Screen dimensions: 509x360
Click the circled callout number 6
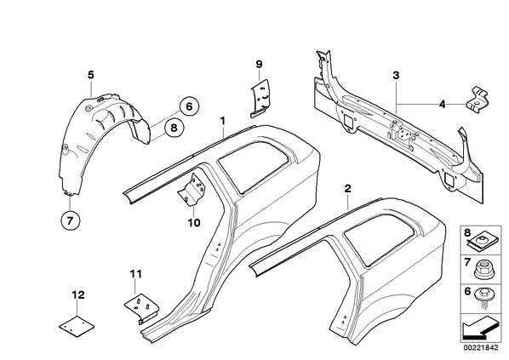click(189, 106)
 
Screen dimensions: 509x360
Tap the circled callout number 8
click(174, 128)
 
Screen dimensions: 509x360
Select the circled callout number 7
click(70, 220)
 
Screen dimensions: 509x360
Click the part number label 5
click(91, 75)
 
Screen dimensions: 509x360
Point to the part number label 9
click(259, 64)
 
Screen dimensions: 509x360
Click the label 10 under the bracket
click(193, 223)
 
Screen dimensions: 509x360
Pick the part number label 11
click(136, 274)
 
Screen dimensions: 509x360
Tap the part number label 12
click(78, 295)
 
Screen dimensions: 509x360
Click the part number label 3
click(396, 75)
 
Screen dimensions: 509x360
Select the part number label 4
click(442, 105)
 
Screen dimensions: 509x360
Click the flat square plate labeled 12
click(77, 326)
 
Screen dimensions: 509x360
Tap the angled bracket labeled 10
click(192, 189)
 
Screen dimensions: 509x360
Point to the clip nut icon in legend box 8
click(482, 242)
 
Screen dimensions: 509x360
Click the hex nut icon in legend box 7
click(482, 271)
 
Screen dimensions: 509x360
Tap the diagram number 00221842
click(480, 348)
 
